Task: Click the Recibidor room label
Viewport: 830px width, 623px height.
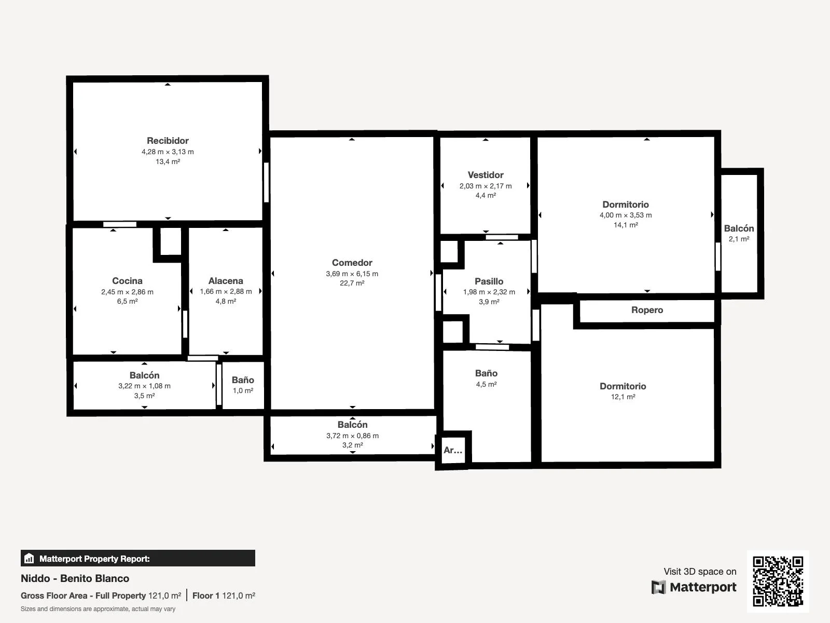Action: point(168,141)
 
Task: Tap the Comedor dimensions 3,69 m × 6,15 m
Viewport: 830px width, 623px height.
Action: point(352,274)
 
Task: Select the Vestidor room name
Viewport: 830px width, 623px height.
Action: point(486,175)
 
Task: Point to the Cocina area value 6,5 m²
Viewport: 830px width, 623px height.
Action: point(127,301)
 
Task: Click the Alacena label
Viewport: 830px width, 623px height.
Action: point(226,281)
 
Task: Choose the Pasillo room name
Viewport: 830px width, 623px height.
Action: point(489,281)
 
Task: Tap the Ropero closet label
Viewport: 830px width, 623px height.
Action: point(647,310)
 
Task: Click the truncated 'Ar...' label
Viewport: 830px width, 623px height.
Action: point(453,450)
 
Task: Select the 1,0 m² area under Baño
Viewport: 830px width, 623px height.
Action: point(243,390)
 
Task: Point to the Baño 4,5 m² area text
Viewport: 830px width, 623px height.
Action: point(486,384)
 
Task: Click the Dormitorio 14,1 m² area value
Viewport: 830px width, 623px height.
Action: point(626,225)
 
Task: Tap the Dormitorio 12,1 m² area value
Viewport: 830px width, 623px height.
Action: point(623,397)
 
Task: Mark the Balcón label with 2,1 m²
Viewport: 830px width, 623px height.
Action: point(739,228)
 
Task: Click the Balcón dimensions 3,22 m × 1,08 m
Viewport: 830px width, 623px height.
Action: point(144,386)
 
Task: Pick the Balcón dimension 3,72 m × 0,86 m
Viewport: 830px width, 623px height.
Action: point(352,436)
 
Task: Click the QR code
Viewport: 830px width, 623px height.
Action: point(778,581)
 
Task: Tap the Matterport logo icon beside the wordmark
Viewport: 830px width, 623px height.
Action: point(658,587)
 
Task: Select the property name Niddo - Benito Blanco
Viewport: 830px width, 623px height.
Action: point(75,578)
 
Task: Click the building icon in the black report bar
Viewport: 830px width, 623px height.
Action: point(29,558)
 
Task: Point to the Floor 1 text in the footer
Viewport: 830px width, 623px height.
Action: point(206,596)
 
